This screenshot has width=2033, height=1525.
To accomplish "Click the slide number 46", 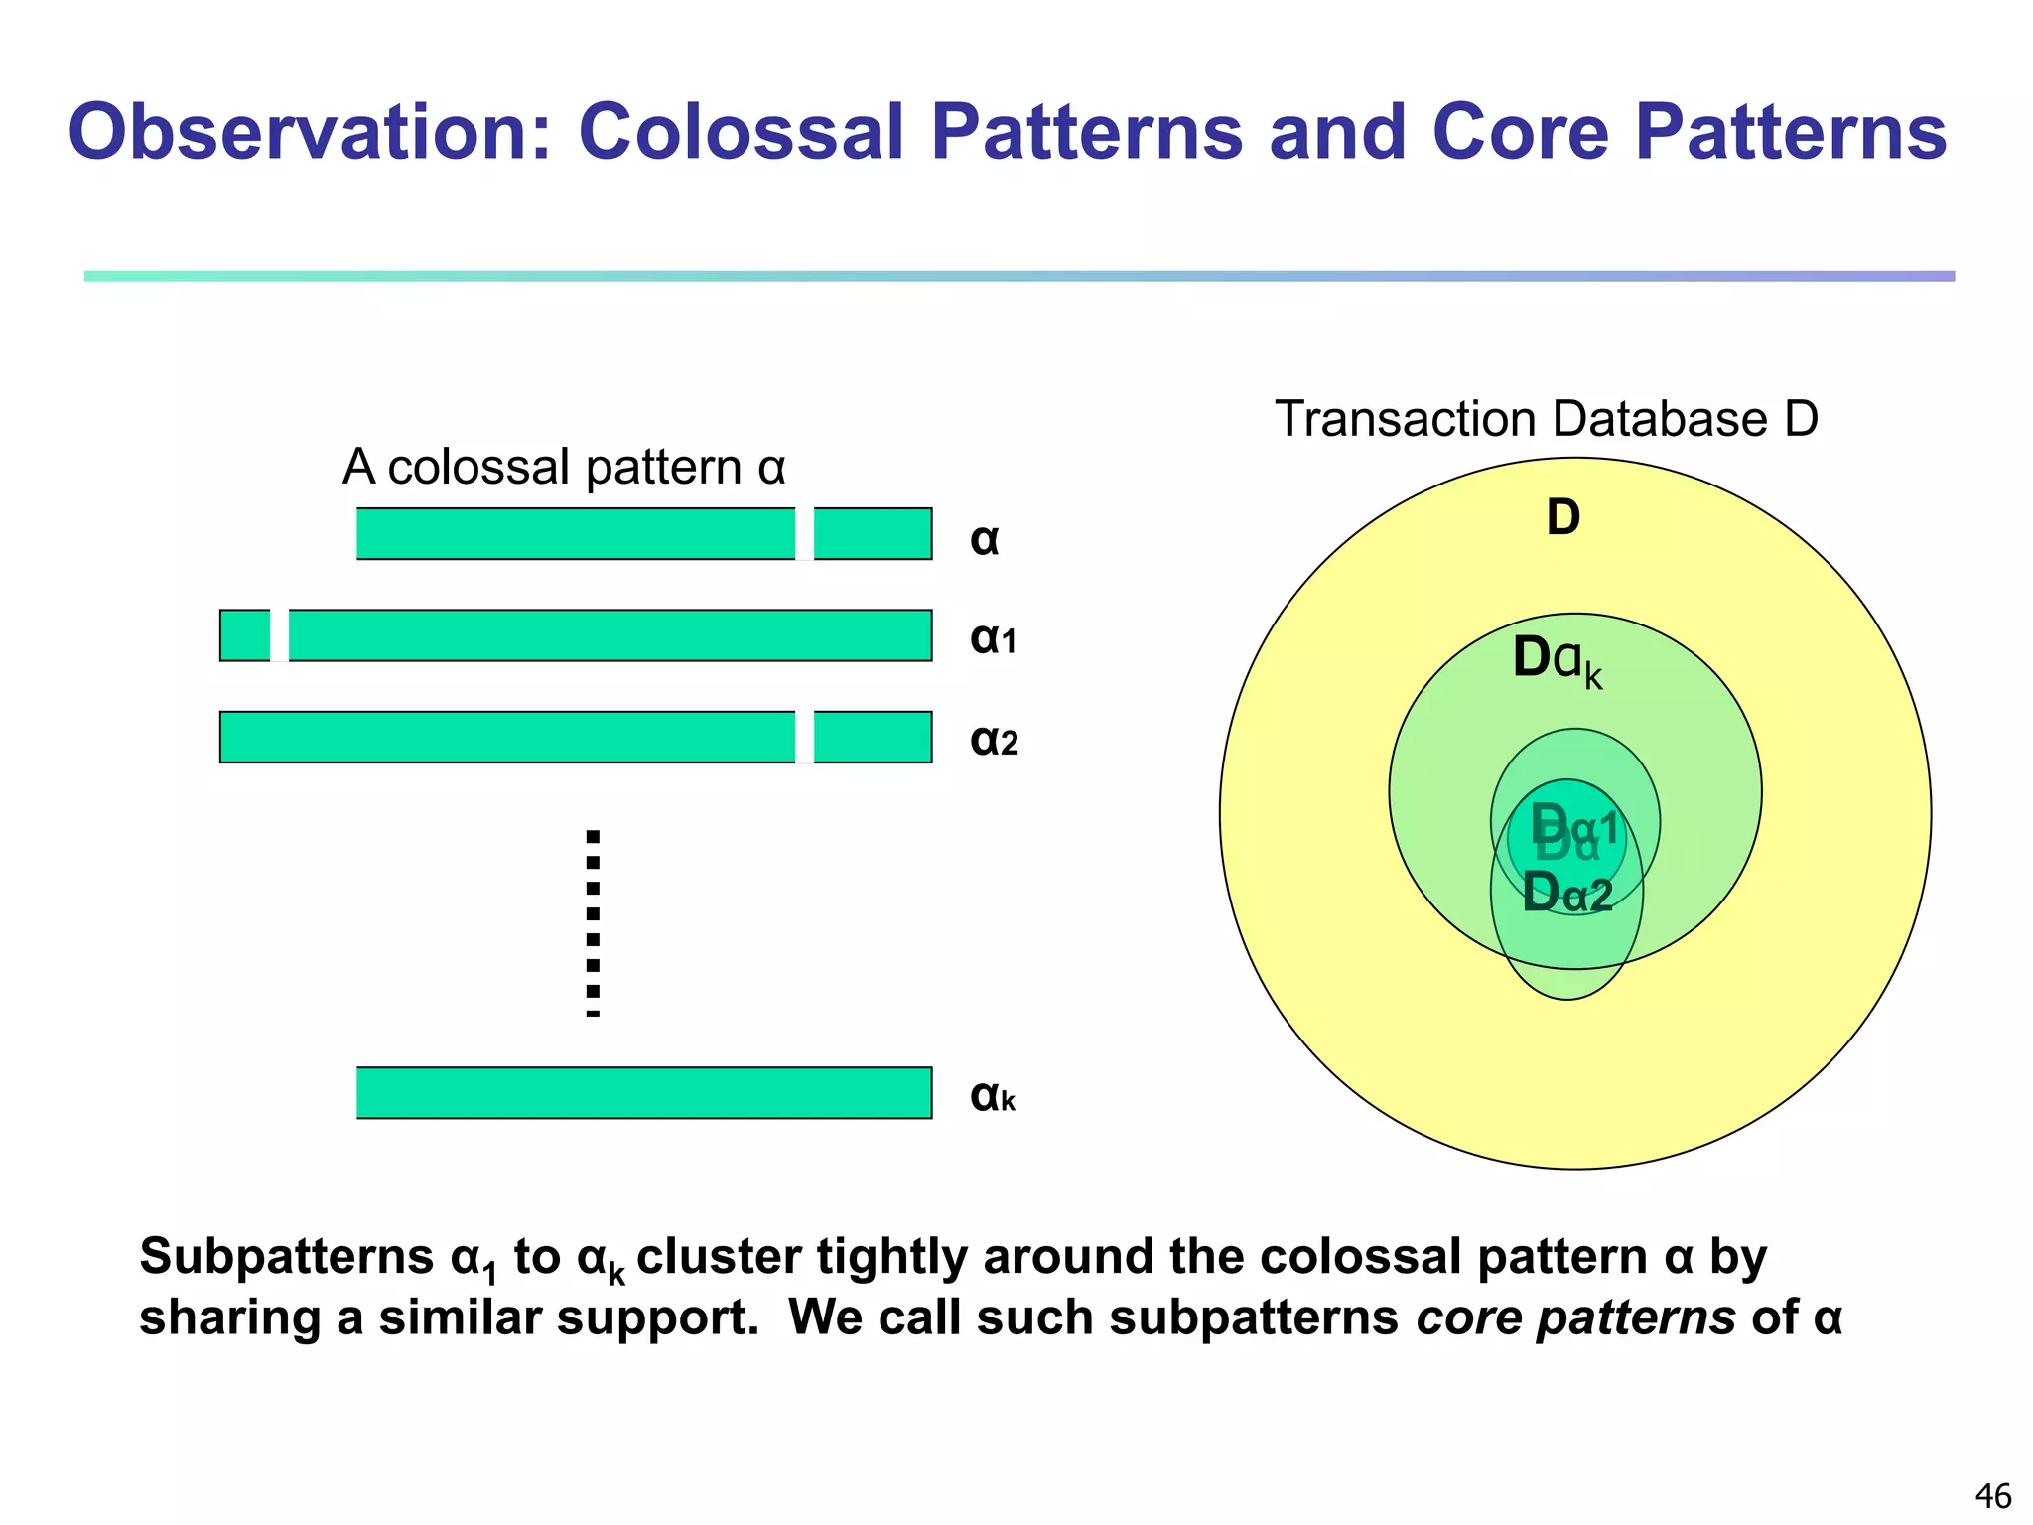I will point(1993,1495).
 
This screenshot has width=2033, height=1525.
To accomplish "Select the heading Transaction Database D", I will point(1546,418).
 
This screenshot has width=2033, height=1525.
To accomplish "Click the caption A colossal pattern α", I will point(563,467).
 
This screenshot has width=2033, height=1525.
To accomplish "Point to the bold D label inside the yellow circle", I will point(1562,517).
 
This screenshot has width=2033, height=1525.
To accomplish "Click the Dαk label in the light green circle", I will point(1556,660).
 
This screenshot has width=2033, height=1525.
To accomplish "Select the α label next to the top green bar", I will point(984,539).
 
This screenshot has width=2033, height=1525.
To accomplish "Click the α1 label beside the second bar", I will point(993,638).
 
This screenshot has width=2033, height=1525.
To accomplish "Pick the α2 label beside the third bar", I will point(994,740).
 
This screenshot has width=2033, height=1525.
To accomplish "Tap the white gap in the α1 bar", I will point(279,635).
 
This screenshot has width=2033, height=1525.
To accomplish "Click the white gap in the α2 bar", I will point(804,737).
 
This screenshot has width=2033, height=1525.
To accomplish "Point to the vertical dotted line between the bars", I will point(593,923).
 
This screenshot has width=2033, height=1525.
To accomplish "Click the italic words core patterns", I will point(1575,1317).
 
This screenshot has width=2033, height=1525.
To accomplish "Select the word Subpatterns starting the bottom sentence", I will point(287,1257).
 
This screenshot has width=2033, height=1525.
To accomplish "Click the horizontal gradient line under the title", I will point(1018,276).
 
